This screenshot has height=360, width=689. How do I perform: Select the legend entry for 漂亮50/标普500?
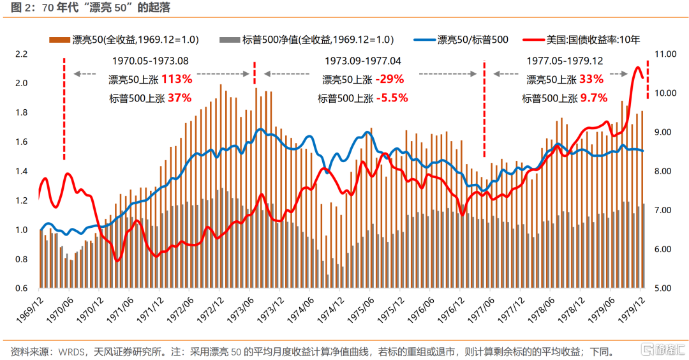tap(472, 40)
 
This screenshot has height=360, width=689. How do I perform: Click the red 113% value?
tap(176, 79)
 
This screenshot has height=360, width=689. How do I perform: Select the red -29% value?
tap(390, 79)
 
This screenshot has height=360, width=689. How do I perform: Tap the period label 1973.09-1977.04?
tap(363, 61)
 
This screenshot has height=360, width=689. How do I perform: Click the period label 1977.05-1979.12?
tap(565, 61)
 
